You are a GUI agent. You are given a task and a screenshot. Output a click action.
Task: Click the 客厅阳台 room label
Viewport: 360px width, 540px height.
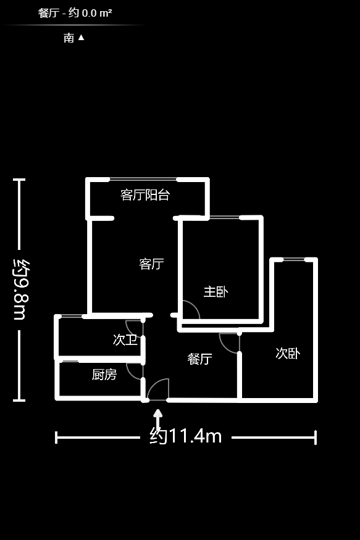point(145,195)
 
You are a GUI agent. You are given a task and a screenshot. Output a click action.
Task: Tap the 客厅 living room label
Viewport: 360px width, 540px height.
point(151,264)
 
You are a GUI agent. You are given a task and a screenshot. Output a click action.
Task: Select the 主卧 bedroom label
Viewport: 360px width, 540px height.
point(216,292)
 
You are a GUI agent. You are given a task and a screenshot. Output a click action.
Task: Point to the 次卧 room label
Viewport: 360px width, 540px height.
point(288,354)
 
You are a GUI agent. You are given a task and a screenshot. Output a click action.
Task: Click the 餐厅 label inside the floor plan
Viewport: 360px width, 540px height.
point(199,359)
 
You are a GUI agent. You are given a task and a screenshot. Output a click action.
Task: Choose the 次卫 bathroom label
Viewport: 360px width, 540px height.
point(125,339)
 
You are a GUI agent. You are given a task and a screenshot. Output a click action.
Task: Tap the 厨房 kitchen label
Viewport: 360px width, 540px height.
point(104,375)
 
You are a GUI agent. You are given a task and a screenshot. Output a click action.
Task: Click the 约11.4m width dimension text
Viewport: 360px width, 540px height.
point(185,436)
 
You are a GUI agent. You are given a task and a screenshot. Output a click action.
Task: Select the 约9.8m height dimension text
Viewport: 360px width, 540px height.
point(20,288)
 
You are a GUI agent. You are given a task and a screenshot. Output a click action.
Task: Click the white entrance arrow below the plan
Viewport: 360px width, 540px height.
point(158,417)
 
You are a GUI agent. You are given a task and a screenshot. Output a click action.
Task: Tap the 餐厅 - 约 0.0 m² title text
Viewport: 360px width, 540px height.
point(75,12)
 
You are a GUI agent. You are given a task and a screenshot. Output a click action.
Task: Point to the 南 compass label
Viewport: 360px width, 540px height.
point(69,38)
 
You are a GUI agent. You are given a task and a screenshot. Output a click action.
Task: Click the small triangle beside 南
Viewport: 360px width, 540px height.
point(81,38)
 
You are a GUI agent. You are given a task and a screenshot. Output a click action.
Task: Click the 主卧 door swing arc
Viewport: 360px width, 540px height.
point(190,309)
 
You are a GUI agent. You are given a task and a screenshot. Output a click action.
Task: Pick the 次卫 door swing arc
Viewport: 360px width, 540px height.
point(134,328)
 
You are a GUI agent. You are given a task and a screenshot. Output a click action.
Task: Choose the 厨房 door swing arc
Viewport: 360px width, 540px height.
point(134,370)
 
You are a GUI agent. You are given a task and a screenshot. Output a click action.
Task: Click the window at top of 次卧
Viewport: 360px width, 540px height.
point(293,260)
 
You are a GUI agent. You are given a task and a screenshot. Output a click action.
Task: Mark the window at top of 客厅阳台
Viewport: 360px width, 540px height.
point(143,180)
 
